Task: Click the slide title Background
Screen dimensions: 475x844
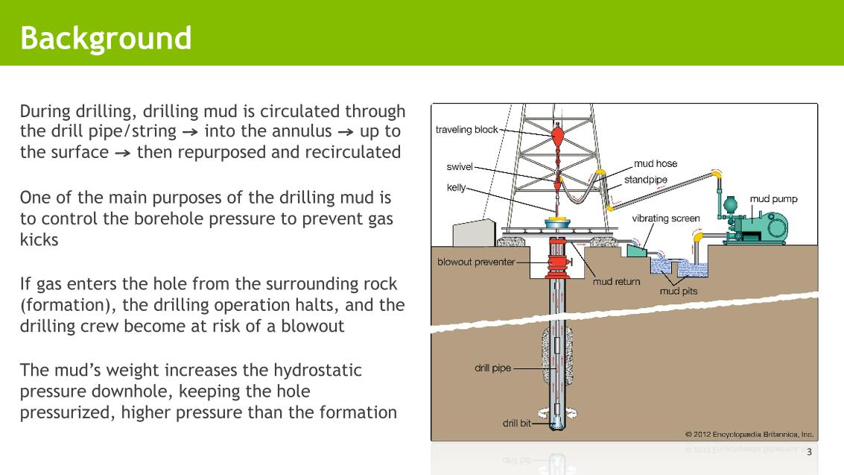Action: (106, 37)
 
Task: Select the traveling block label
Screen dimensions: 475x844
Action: (466, 130)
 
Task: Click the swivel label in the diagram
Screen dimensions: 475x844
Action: (460, 166)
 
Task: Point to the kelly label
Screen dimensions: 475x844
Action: (456, 187)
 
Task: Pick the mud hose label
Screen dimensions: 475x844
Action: (656, 164)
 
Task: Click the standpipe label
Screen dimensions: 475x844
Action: (645, 180)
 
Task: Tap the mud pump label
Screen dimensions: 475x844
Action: (773, 199)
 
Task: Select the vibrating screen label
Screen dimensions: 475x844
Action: (666, 218)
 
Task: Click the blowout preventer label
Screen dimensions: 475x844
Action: (476, 262)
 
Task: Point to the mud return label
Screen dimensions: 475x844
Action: (616, 283)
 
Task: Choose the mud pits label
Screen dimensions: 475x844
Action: (679, 291)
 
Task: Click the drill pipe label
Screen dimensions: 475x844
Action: (493, 368)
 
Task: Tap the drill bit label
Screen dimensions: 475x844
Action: (516, 423)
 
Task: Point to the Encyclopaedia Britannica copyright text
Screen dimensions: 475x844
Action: (749, 433)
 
